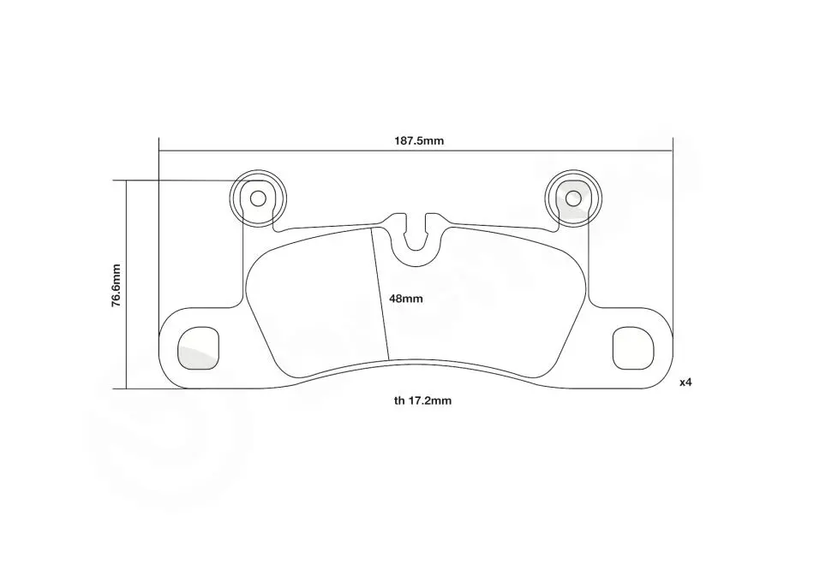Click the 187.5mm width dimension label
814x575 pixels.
(418, 141)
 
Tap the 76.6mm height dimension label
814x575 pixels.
(116, 286)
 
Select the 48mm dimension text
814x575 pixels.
(406, 299)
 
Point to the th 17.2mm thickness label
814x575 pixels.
(422, 400)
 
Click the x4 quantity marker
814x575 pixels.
(685, 382)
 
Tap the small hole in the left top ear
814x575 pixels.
(258, 199)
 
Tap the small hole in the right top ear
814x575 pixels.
(573, 199)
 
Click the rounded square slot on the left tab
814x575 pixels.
(198, 348)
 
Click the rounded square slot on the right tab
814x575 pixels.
(633, 348)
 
